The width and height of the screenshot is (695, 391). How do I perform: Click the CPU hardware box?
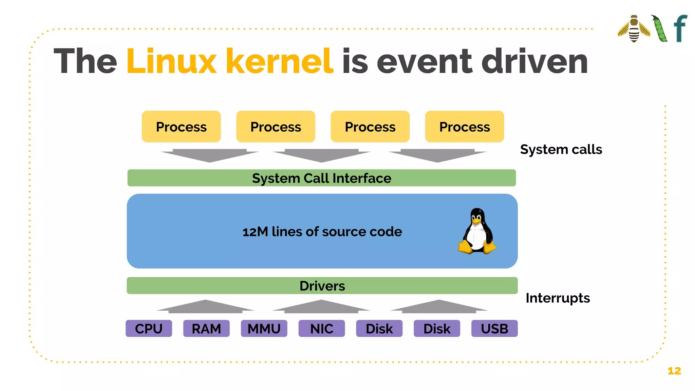point(149,329)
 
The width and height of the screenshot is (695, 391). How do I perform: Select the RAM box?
point(206,329)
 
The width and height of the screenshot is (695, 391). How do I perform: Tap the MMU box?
point(264,329)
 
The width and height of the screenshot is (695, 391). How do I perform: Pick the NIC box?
point(321,329)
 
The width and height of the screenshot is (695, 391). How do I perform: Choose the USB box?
point(494,329)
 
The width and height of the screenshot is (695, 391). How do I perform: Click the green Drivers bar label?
point(322,286)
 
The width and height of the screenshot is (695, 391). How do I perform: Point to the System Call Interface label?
point(321,178)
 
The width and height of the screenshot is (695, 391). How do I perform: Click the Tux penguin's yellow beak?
point(477,221)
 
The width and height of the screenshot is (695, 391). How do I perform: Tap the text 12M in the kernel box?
point(255,232)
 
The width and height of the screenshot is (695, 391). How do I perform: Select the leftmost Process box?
point(181,127)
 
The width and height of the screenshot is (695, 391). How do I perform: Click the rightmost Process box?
point(464,127)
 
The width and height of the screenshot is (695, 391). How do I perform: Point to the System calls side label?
point(561,149)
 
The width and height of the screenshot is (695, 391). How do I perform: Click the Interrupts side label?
point(558,298)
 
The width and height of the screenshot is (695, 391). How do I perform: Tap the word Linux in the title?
point(171,61)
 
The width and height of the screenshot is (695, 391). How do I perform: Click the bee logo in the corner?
point(634,29)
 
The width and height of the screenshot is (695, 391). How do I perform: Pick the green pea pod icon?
point(660,29)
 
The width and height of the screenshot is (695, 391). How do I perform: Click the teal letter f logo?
point(680,29)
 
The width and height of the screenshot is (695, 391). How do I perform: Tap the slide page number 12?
point(674,371)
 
